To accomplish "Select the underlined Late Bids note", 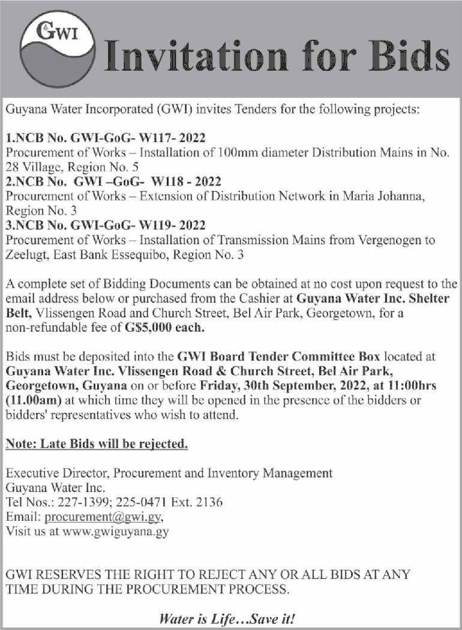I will (97, 445).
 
